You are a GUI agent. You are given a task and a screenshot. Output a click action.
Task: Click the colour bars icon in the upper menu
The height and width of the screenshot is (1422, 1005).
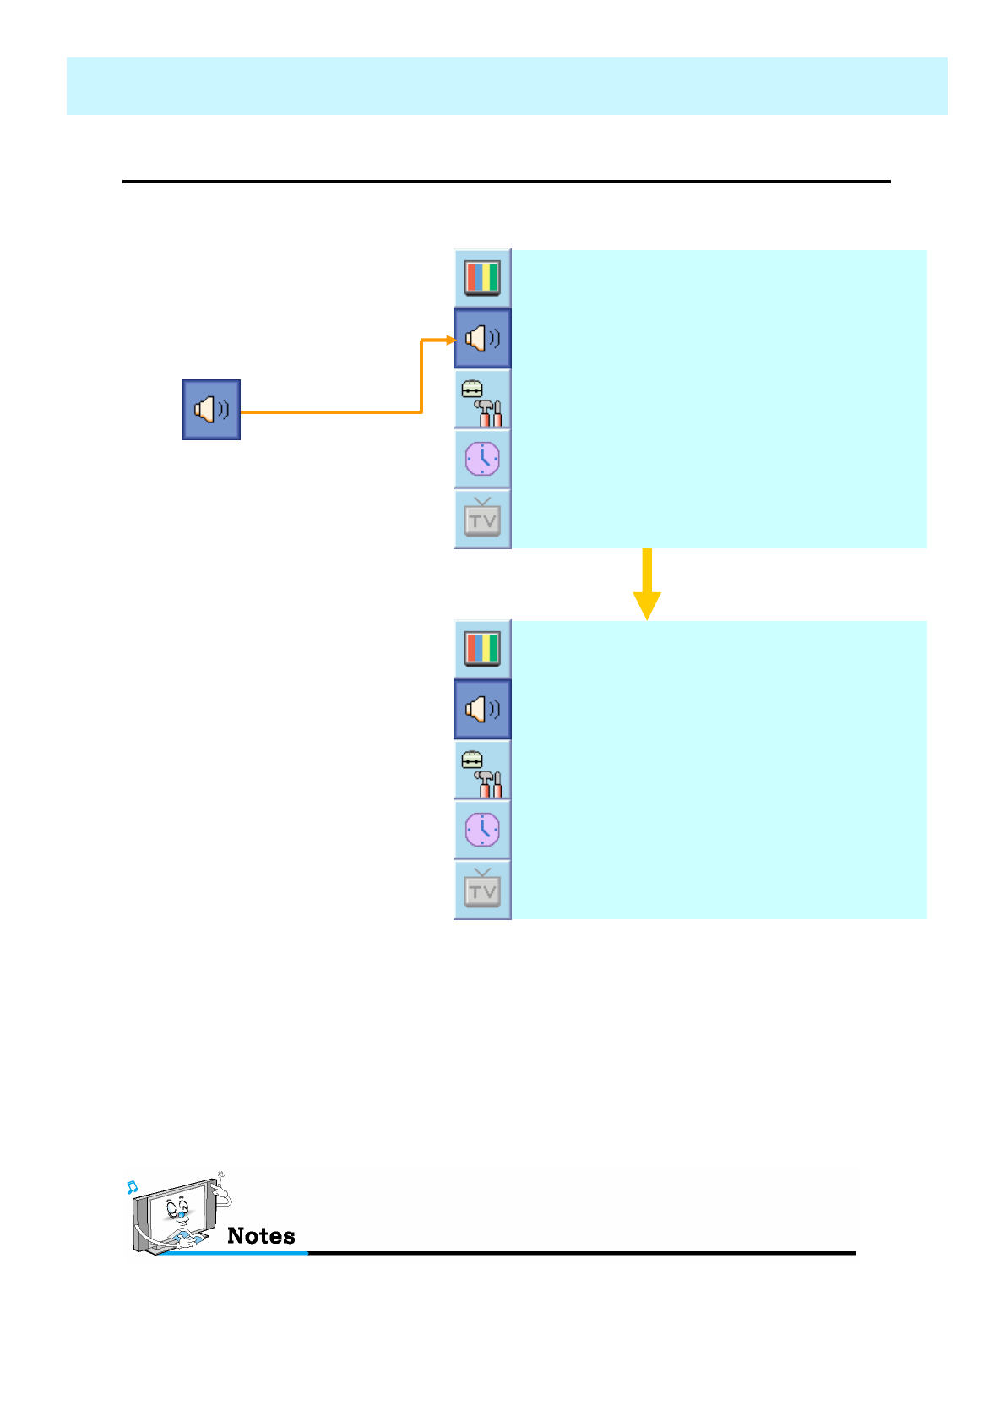(482, 278)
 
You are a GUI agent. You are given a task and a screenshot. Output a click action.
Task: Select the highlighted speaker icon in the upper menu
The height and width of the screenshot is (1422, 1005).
(482, 339)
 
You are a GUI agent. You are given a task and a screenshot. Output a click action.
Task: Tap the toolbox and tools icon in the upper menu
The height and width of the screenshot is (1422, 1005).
(482, 400)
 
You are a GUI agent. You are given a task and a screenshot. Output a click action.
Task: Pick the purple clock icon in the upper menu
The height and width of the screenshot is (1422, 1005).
(482, 459)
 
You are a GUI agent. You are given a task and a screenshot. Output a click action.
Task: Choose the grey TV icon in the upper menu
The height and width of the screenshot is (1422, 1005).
(482, 518)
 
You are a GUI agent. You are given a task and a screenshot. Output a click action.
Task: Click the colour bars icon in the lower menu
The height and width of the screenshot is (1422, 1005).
(482, 649)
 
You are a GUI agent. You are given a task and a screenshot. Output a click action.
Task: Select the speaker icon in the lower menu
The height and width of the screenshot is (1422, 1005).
(482, 709)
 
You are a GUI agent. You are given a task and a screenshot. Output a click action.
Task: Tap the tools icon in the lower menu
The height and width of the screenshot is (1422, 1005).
(482, 771)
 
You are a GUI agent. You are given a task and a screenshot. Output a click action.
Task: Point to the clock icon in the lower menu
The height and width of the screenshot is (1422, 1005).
(482, 830)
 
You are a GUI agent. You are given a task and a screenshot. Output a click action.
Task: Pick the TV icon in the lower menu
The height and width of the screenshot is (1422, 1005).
(482, 889)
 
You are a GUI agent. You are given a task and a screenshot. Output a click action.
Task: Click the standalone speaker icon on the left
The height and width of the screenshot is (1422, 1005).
(211, 410)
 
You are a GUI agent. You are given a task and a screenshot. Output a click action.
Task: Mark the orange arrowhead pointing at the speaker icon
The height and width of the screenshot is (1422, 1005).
(451, 340)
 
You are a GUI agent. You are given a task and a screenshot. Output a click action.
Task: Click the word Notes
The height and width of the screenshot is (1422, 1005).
(261, 1236)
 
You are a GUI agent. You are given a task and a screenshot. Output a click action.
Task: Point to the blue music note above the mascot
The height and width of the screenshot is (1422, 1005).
(132, 1187)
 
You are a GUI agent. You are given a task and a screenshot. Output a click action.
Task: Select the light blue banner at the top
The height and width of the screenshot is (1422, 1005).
(507, 86)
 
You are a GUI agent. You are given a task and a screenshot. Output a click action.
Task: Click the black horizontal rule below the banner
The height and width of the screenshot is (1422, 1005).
(507, 181)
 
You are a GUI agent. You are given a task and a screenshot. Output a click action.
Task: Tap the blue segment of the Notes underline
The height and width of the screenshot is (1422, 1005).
(236, 1252)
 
